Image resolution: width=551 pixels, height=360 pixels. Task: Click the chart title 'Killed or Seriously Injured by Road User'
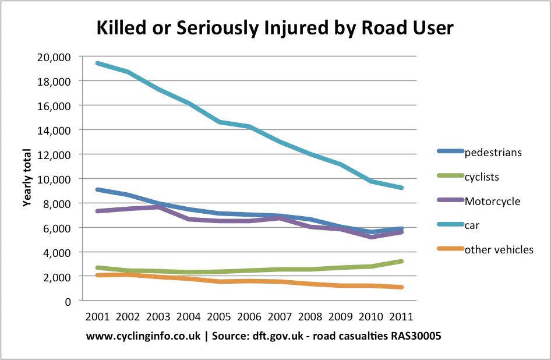pos(275,27)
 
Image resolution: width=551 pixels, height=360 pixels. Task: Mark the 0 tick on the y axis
pos(68,301)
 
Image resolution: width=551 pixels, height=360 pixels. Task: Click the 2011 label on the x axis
pos(401,317)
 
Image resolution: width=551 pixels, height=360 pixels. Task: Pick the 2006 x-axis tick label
pos(249,317)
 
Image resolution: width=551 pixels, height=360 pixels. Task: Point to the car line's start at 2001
pos(97,63)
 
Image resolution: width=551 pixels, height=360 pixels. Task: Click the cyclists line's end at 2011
pos(401,261)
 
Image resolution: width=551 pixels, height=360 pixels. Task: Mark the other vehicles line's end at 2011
pos(401,287)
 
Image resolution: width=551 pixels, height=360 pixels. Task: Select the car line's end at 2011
pos(401,188)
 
